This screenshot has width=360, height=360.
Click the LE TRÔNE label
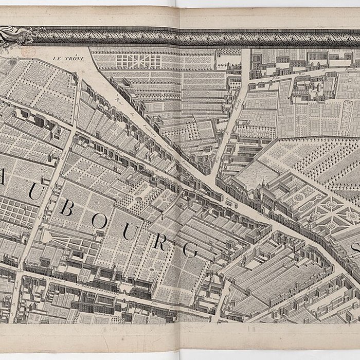click(69, 59)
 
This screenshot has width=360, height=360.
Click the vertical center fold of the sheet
click(179, 180)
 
